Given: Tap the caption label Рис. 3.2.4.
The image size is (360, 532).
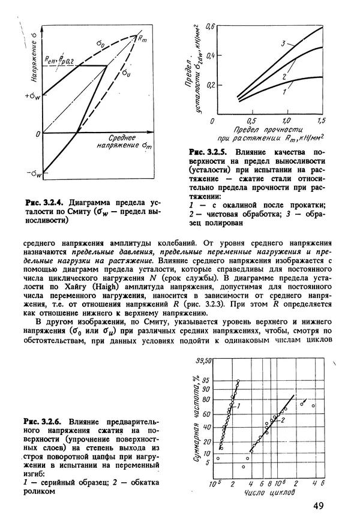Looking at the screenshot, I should (x=43, y=202).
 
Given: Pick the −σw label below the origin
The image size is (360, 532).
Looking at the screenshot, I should (x=33, y=174).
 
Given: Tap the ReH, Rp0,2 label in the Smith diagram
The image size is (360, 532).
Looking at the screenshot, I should (x=60, y=59).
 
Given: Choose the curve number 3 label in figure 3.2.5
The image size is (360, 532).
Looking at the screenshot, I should (x=281, y=44).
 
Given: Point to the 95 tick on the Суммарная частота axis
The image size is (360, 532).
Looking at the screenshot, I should (x=206, y=380).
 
